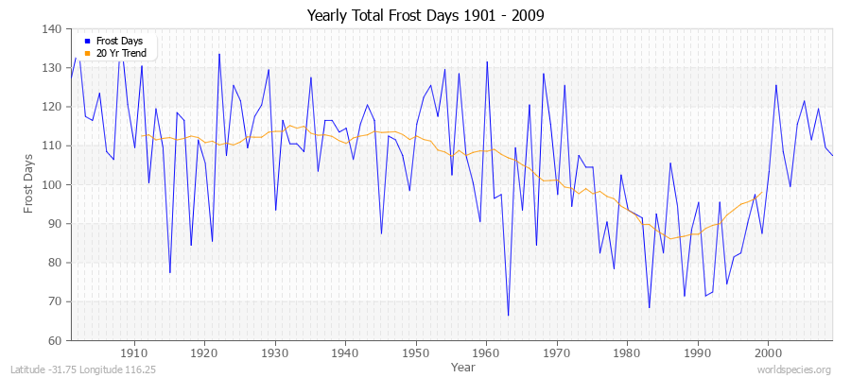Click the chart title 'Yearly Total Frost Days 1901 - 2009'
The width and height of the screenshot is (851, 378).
[x=425, y=16]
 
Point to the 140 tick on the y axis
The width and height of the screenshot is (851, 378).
[x=53, y=29]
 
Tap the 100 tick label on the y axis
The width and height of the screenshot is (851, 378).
[x=53, y=185]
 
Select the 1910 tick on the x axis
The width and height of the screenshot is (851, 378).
[x=134, y=352]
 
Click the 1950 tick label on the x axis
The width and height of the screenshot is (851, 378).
[x=416, y=352]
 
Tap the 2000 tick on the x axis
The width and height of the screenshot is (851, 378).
[x=768, y=352]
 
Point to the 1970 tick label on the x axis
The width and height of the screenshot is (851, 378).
[x=557, y=352]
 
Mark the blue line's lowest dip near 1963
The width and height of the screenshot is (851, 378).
[x=508, y=315]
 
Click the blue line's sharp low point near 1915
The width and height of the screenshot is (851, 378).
[x=170, y=272]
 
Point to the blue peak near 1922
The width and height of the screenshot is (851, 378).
[x=218, y=54]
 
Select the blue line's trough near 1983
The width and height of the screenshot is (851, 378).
[x=649, y=307]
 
